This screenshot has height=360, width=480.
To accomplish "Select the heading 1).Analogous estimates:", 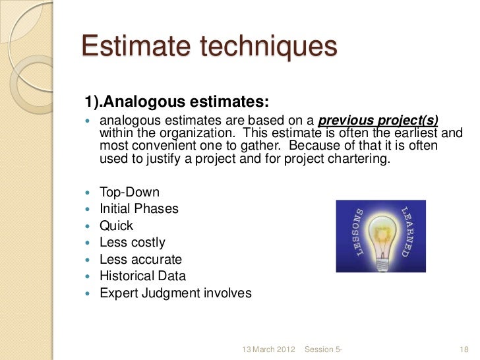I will click(176, 102).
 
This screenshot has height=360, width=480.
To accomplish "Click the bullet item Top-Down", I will click(129, 193).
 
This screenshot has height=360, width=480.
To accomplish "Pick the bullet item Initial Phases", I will click(138, 209).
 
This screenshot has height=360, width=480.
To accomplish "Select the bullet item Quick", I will click(116, 226).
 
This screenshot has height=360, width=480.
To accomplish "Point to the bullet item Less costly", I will click(132, 243).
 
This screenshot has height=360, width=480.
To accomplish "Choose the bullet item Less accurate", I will click(140, 260).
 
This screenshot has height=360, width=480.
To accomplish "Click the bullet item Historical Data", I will click(142, 276).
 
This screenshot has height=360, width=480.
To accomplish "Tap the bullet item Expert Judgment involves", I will click(175, 293).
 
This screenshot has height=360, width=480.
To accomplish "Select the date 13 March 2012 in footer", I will click(268, 347).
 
